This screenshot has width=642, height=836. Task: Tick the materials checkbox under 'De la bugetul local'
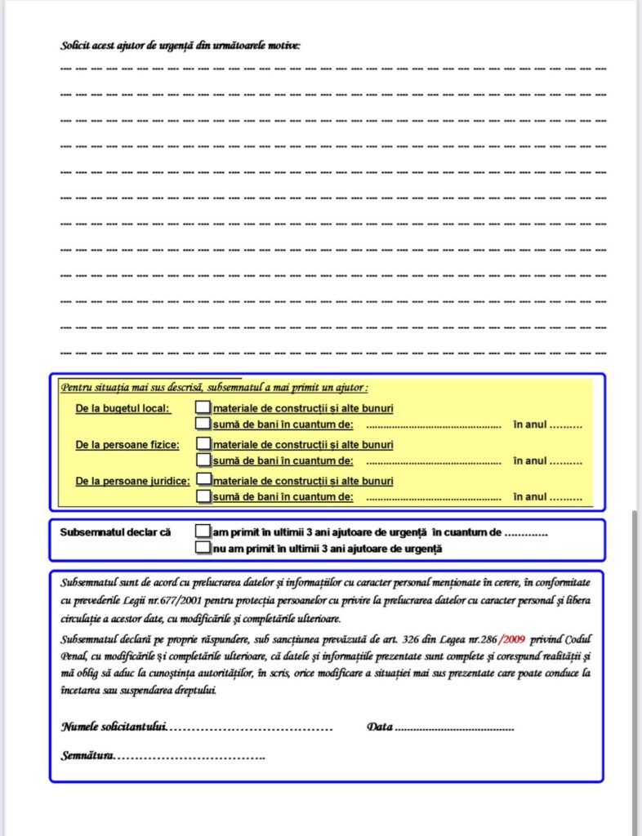(x=203, y=407)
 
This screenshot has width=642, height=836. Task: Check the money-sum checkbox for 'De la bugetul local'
(x=203, y=424)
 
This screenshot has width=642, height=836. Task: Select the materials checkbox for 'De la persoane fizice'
(x=203, y=444)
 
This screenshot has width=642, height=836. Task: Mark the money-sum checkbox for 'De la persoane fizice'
(x=203, y=460)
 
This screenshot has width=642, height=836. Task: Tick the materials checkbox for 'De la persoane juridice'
(x=204, y=480)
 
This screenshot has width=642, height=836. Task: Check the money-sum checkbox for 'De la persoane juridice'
(x=203, y=496)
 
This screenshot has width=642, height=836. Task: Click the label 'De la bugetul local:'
(x=123, y=408)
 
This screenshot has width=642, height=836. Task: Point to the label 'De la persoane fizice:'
(x=127, y=445)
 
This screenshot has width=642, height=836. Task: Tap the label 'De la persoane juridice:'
(x=132, y=481)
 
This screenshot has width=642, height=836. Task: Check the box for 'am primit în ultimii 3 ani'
(x=203, y=531)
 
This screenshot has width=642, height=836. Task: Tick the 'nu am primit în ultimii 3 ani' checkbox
(x=203, y=549)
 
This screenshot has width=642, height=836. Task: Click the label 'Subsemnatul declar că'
(x=115, y=532)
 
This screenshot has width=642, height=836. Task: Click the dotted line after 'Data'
(x=454, y=727)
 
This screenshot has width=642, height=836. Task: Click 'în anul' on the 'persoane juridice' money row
(x=530, y=496)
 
